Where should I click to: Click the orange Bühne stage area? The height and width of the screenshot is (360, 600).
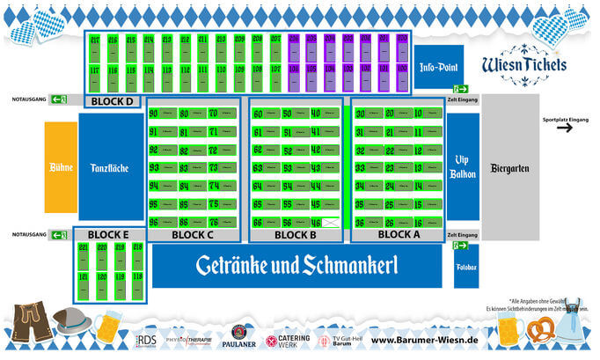[x=61, y=166]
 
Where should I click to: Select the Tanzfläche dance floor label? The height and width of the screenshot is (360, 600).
[x=110, y=166]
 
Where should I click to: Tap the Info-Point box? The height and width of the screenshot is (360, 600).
[x=439, y=67]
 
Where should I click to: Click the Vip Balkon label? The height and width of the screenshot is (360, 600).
[x=463, y=166]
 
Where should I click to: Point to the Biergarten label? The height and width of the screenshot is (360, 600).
[x=509, y=166]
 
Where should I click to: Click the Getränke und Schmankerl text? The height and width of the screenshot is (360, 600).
[x=296, y=265]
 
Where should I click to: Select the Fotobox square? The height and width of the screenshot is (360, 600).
[x=466, y=266]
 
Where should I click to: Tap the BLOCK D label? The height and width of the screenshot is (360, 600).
[x=112, y=101]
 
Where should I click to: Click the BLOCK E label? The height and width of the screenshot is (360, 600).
[x=108, y=235]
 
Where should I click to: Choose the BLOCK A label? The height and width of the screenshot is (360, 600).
[x=399, y=235]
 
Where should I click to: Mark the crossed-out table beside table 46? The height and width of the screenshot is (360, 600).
[x=331, y=223]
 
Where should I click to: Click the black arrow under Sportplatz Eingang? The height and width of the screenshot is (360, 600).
[x=564, y=128]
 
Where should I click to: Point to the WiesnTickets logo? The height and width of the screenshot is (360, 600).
[x=524, y=65]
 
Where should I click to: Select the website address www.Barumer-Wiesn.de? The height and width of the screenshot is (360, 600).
[x=424, y=340]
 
